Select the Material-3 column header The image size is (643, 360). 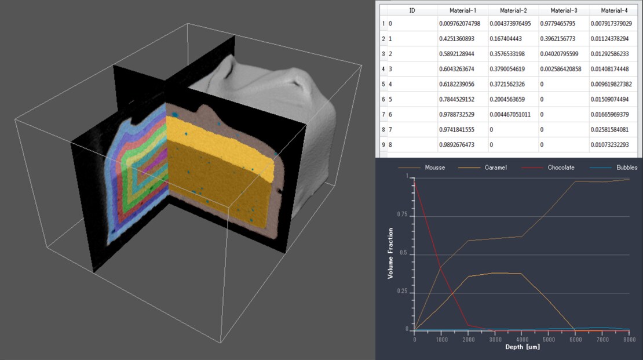click(563, 10)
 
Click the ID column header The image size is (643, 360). click(412, 10)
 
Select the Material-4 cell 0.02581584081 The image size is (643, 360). click(615, 129)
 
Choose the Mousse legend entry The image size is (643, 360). click(434, 168)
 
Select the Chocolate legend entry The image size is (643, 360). click(561, 168)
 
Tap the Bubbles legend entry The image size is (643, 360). click(618, 168)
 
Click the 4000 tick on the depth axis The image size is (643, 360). click(521, 337)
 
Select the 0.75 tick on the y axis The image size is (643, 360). click(402, 217)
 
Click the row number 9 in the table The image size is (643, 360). click(383, 144)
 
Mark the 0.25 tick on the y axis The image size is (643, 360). click(402, 293)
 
